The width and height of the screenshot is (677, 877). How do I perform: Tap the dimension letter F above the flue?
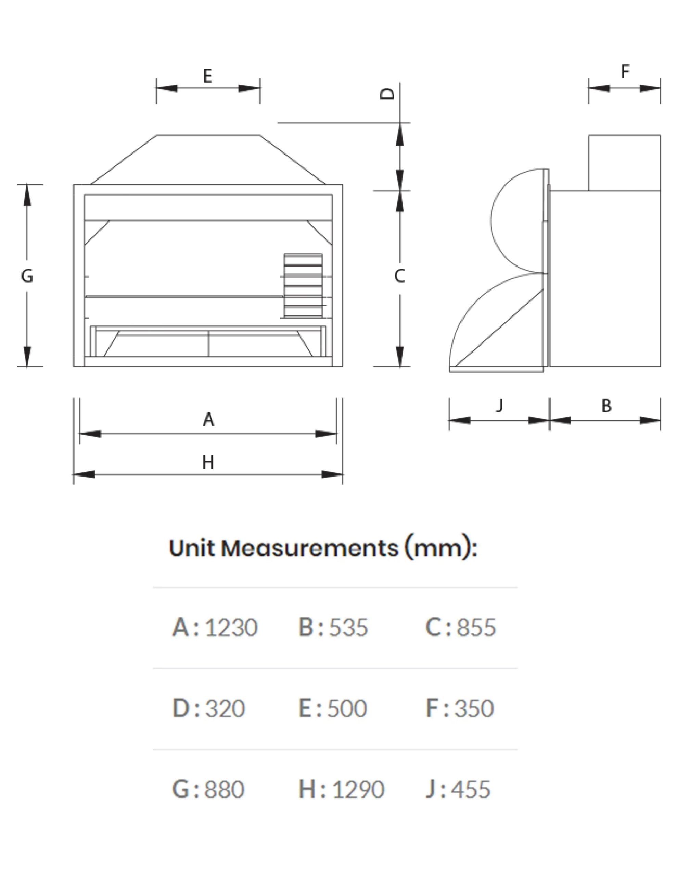pos(625,72)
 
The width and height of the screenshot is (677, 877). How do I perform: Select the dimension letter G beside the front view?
pos(27,276)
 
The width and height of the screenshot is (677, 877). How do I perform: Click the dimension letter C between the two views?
pos(399,276)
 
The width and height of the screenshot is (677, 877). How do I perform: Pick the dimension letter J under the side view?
pos(499,405)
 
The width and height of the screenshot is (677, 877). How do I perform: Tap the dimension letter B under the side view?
pos(606,406)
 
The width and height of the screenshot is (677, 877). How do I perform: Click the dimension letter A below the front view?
pos(208,420)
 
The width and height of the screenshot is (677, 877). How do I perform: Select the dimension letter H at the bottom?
pos(208,462)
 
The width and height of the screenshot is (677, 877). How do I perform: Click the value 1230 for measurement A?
pos(231,627)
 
